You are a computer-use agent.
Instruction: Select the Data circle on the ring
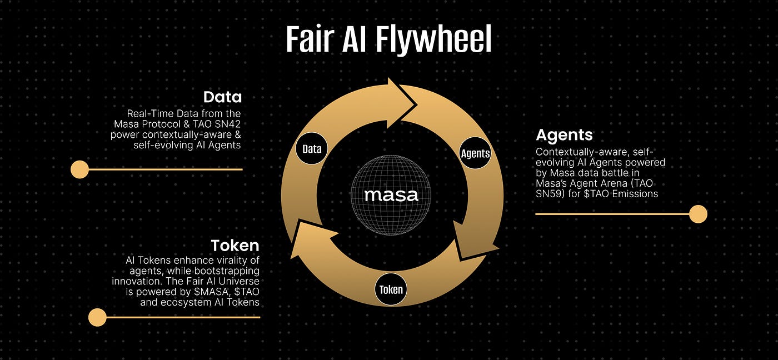pos(312,148)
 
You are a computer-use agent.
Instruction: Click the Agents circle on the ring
pos(475,153)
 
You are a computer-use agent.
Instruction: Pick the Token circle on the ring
pos(391,289)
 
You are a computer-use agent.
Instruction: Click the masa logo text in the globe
pos(391,196)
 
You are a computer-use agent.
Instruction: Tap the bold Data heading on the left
pos(222,97)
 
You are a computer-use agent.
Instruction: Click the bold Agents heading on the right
pos(564,135)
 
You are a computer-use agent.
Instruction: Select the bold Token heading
pos(235,246)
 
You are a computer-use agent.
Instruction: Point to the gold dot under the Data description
pos(80,169)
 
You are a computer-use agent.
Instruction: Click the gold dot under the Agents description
pos(698,214)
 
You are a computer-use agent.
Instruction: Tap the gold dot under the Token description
pos(98,317)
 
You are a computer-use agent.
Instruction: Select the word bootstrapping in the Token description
pos(231,271)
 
